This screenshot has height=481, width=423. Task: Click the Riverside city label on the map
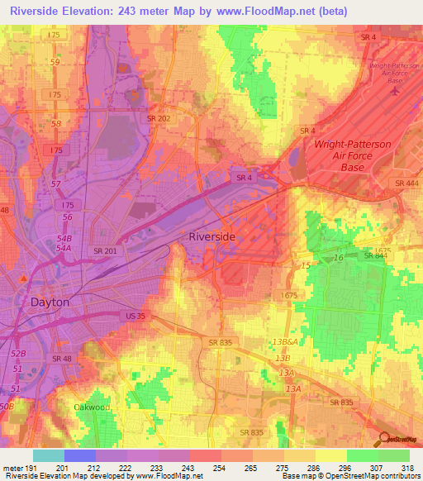212,236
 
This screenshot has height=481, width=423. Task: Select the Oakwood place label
91,407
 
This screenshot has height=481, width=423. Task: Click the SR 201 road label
105,251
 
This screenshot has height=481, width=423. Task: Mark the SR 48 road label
63,358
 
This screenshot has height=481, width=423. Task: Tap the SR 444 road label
406,183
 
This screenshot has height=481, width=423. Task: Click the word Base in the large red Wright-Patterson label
353,167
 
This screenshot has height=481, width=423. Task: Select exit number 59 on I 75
55,62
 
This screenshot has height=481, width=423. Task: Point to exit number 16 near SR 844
338,259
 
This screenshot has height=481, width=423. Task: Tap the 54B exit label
64,238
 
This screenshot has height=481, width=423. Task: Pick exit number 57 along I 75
57,183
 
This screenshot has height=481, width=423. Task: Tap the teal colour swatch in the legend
48,455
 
